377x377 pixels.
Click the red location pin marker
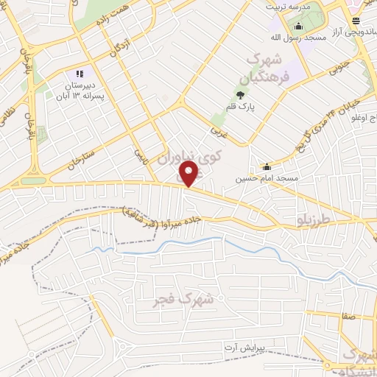190,174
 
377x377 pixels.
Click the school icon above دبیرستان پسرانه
80,74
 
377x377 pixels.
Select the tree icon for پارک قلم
241,94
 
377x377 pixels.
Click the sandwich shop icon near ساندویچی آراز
356,21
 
